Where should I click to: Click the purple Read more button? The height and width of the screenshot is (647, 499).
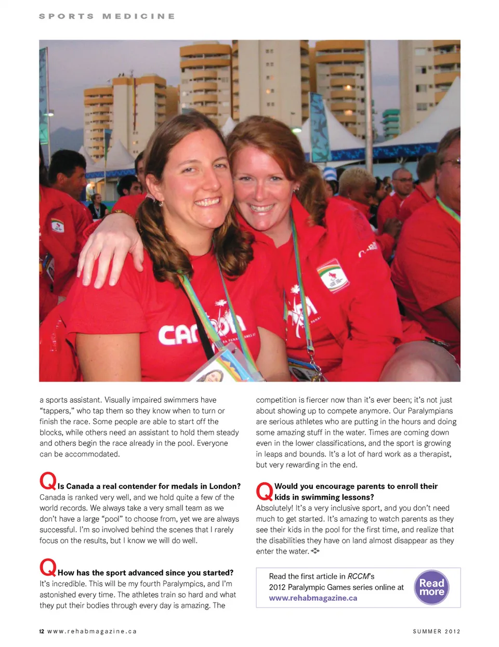coord(431,587)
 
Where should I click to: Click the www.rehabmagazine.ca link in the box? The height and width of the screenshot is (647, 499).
coord(313,598)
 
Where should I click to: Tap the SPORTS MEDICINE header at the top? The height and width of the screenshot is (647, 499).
coord(107,16)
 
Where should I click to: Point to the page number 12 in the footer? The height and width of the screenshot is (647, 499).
coord(42,631)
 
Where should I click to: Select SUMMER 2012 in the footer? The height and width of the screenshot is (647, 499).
coord(437,631)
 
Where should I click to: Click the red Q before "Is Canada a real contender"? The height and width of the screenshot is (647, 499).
coord(47,481)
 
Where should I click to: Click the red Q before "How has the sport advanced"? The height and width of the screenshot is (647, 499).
coord(47,567)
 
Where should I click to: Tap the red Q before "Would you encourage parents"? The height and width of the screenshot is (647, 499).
coord(264,491)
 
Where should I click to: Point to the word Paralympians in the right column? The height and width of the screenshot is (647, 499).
coord(430,411)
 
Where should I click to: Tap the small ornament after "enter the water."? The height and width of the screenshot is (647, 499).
coord(316,551)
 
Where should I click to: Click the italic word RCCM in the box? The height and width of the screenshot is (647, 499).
coord(358,576)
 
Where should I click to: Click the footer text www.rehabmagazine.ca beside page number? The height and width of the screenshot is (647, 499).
coord(92,631)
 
